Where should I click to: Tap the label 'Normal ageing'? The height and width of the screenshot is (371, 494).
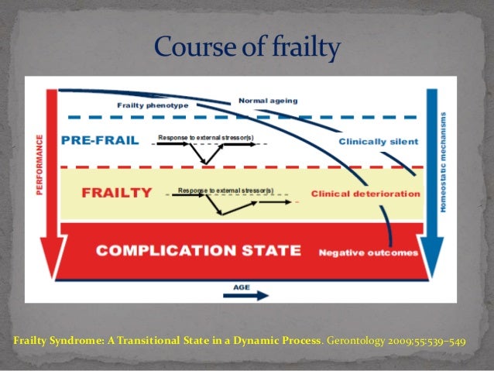tap(268, 100)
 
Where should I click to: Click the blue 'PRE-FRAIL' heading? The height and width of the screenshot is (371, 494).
tap(98, 141)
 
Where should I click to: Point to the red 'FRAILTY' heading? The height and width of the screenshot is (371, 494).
tap(106, 191)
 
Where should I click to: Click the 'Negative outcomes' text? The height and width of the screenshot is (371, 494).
tap(368, 252)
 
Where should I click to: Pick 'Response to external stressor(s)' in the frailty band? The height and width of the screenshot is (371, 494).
tap(225, 190)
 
